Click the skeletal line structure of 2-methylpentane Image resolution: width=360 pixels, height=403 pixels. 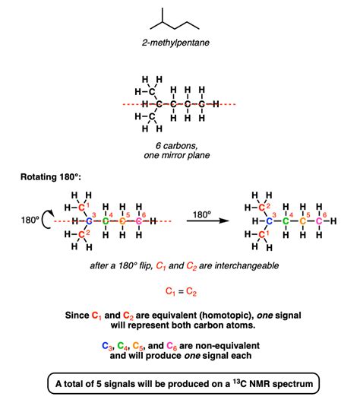175,20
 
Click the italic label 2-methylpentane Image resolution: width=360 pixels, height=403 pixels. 175,43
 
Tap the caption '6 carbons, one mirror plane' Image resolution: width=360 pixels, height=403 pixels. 177,151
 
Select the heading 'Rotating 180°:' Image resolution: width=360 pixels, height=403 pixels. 51,177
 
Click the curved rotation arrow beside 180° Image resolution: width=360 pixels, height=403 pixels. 46,219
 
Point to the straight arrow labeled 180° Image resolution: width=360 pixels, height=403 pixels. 208,221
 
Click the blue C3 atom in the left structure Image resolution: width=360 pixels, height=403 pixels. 89,221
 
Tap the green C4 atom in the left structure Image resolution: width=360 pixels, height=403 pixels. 106,221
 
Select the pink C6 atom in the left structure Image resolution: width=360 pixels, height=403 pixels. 139,221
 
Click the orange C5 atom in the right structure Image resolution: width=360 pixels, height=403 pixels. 303,221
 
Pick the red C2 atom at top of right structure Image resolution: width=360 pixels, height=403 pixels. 262,208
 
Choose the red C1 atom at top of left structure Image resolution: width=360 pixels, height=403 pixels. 81,207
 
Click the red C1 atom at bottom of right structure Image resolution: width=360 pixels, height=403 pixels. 262,234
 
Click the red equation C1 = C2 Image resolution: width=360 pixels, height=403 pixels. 181,291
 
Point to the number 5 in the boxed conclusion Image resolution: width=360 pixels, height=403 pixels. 99,384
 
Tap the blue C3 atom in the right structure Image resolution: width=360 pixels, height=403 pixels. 269,221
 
